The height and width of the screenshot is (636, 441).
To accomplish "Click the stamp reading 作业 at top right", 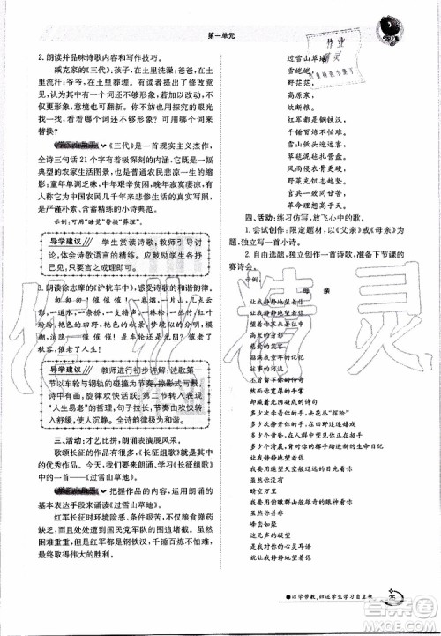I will pos(330,41).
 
